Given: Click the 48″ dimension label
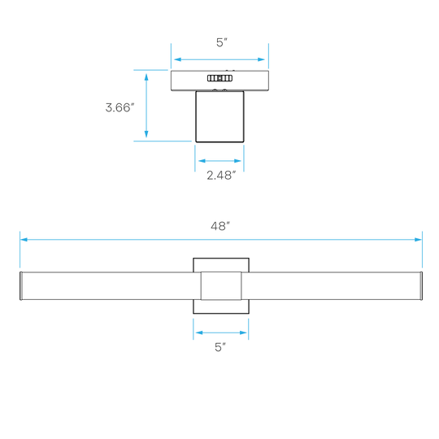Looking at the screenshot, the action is click(x=220, y=226).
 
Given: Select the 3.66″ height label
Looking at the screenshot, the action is click(x=120, y=108).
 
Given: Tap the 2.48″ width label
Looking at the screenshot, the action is click(x=221, y=176).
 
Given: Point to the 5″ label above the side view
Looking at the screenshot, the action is click(x=221, y=42).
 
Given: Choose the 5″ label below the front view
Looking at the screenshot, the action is click(x=220, y=347).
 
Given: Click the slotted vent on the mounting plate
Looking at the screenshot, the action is click(x=219, y=78).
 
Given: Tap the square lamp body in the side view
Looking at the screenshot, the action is click(x=219, y=116).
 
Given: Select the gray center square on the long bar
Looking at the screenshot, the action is click(x=221, y=286).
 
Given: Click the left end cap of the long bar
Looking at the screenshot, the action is click(x=21, y=286).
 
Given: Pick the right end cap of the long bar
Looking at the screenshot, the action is click(x=421, y=286).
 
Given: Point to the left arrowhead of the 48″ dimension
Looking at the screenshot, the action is click(x=24, y=240).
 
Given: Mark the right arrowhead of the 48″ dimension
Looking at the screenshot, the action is click(x=418, y=240).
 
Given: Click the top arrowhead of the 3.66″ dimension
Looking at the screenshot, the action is click(x=146, y=77).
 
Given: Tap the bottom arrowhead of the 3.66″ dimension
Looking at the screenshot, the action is click(x=146, y=134).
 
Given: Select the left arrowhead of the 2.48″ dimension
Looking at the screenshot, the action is click(x=202, y=161).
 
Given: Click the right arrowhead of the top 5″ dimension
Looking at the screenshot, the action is click(x=261, y=59).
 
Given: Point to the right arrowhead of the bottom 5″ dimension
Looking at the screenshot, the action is click(x=243, y=333).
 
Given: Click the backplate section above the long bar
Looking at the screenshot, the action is click(x=221, y=265).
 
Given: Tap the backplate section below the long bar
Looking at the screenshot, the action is click(x=221, y=306).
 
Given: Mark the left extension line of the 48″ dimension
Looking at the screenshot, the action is click(x=20, y=250).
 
